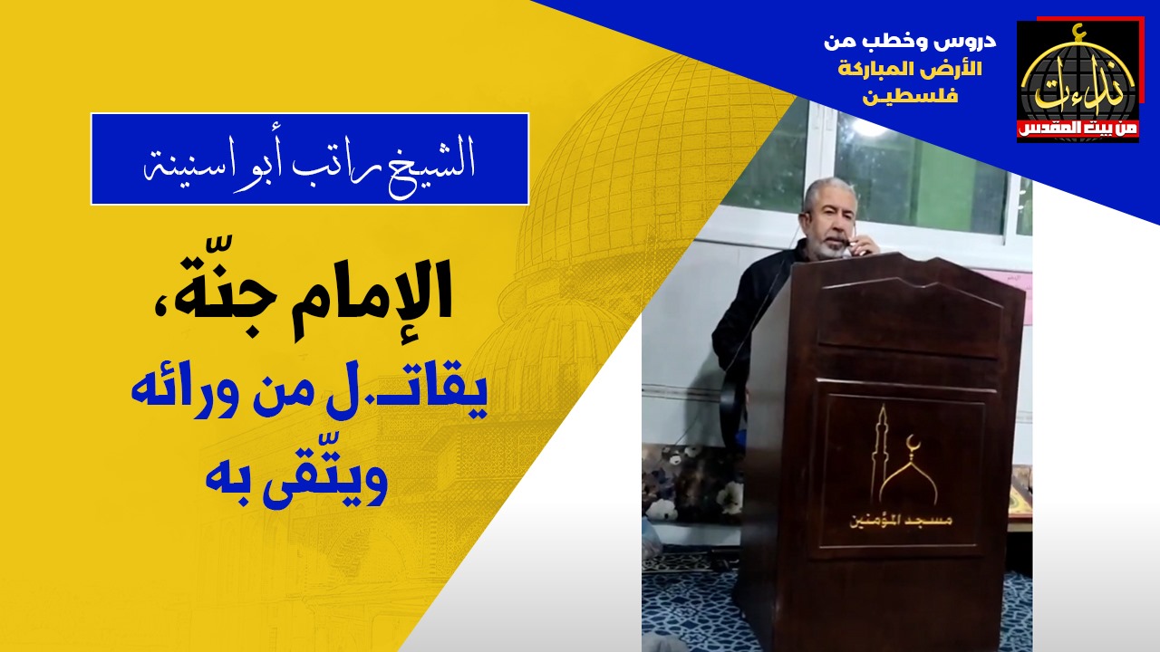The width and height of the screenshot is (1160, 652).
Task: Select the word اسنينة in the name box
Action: [182, 166]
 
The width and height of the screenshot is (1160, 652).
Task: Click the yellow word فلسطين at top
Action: [910, 96]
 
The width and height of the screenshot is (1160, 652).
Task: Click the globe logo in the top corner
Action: [1078, 81]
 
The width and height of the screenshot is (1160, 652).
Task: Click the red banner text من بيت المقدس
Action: [1078, 129]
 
